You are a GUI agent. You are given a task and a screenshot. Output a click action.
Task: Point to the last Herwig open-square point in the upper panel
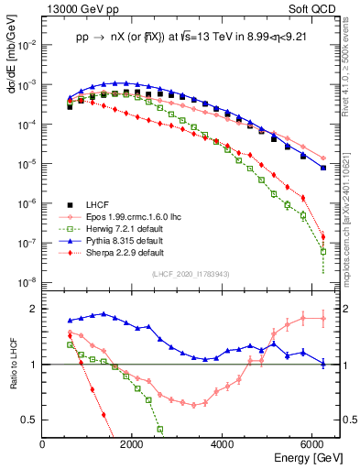(x=323, y=251)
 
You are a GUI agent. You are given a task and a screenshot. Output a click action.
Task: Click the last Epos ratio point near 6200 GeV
(x=323, y=319)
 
